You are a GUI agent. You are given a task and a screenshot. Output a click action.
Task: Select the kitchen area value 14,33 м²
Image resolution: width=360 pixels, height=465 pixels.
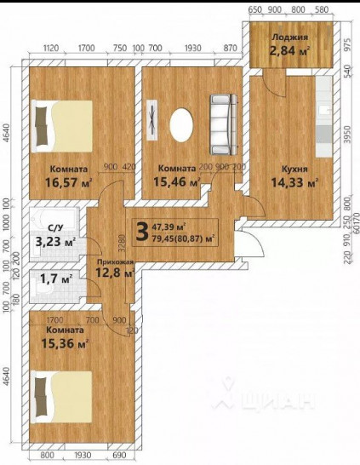(x=294, y=182)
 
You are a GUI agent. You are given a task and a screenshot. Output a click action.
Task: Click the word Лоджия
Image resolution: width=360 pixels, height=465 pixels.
(x=289, y=37)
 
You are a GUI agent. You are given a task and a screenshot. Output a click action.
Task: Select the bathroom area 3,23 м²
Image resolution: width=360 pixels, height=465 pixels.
(x=54, y=241)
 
